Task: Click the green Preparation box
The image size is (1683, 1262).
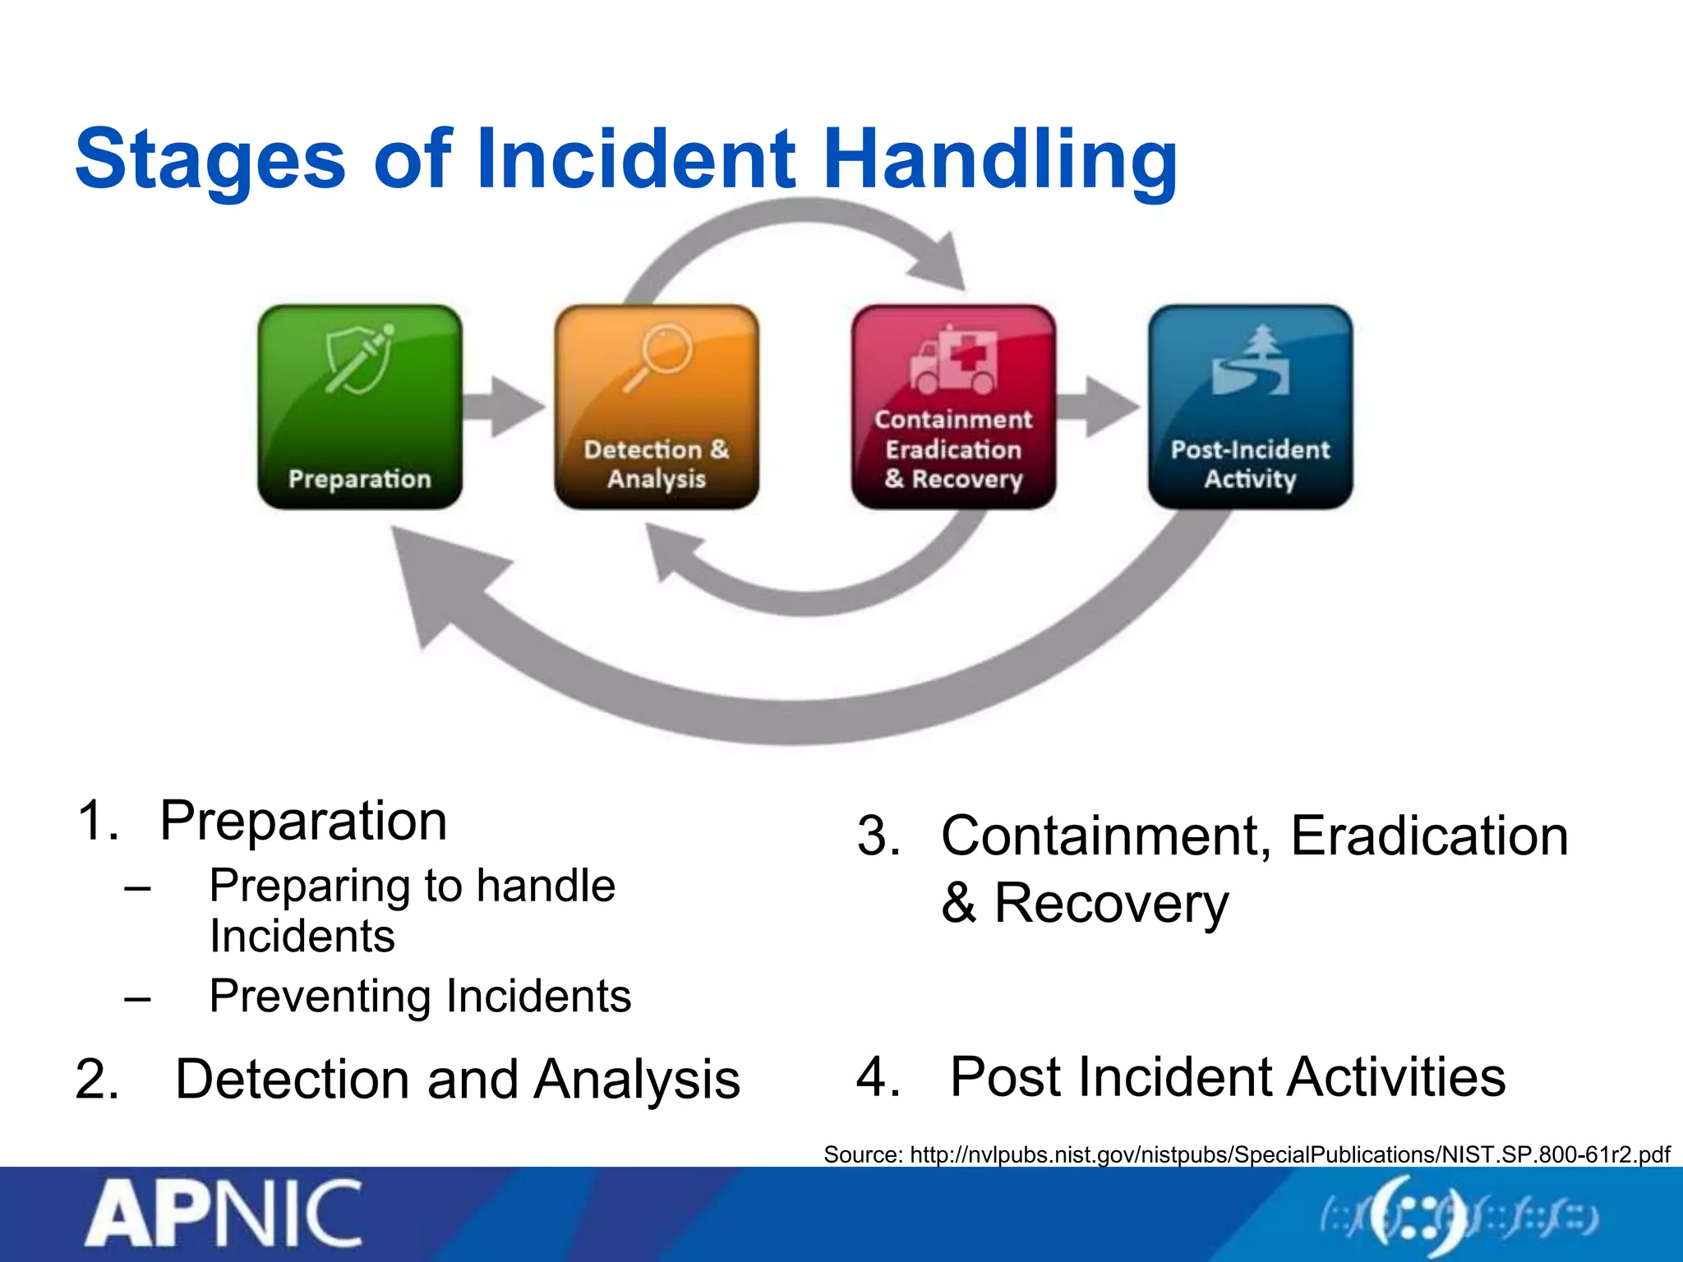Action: click(x=360, y=407)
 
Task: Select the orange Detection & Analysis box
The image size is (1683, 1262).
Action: click(x=657, y=407)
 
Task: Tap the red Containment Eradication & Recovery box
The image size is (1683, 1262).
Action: click(x=953, y=407)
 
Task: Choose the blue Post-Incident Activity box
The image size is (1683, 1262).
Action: click(x=1250, y=407)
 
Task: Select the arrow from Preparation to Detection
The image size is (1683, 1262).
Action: click(x=503, y=407)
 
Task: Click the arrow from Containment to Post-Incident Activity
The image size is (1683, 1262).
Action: click(x=1097, y=407)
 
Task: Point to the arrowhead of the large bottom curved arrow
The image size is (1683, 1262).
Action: click(x=436, y=575)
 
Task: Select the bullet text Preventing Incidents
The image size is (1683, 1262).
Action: click(x=420, y=996)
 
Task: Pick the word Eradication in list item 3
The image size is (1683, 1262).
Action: click(x=1429, y=836)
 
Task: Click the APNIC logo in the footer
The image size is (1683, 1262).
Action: click(x=224, y=1214)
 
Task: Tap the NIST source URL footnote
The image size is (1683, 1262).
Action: click(x=1246, y=1154)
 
